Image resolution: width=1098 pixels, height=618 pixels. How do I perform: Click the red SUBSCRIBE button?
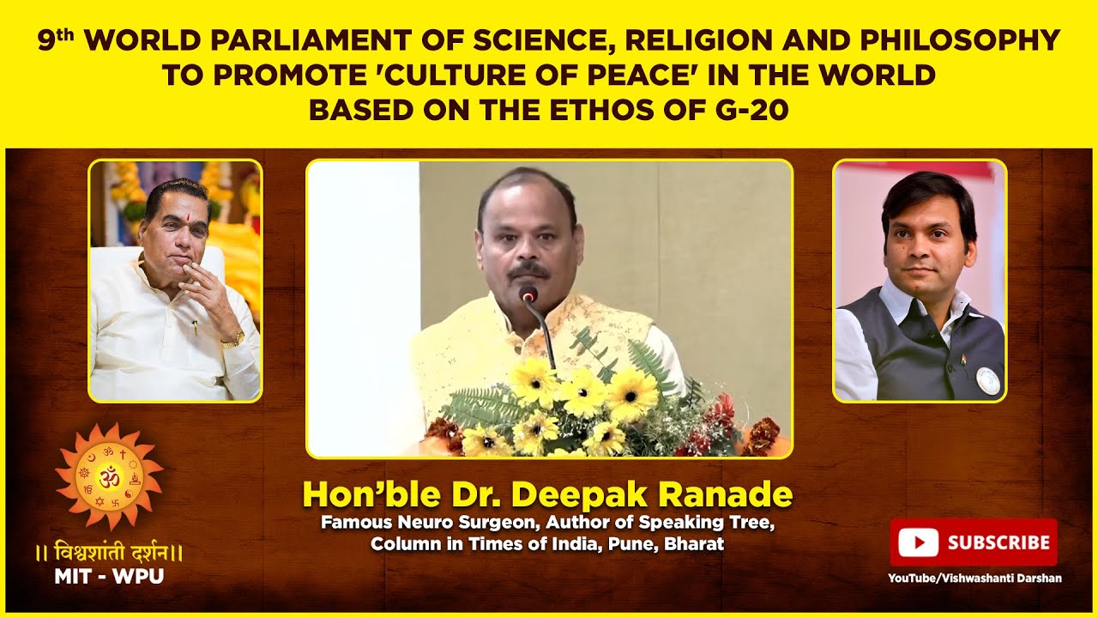[974, 542]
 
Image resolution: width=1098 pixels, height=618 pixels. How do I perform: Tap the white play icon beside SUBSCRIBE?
[920, 542]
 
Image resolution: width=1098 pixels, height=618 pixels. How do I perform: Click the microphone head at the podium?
[528, 294]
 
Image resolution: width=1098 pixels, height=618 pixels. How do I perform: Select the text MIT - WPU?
[109, 577]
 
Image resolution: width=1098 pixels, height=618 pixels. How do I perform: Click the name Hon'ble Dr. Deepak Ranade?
[547, 494]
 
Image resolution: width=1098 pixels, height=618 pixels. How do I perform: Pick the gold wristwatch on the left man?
[232, 340]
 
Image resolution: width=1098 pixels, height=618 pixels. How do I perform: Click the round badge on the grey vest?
[988, 379]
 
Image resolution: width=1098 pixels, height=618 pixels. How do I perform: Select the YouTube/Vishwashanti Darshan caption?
[974, 579]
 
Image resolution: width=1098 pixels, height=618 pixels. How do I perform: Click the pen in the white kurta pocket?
[195, 327]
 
